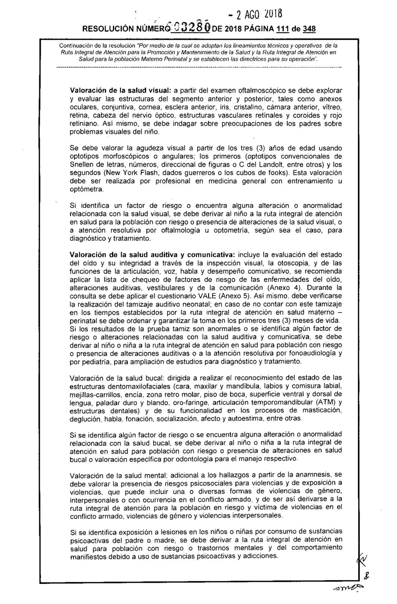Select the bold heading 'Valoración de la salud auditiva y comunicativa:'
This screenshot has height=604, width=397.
[x=154, y=254]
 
